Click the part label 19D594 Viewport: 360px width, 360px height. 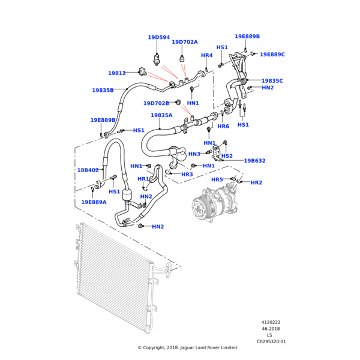click(159, 37)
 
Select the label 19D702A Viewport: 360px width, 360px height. click(185, 42)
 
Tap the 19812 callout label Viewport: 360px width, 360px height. click(117, 73)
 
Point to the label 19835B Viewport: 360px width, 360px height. click(103, 90)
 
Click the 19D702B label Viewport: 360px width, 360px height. click(156, 103)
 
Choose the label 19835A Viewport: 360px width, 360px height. click(161, 115)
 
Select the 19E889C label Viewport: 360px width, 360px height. click(272, 55)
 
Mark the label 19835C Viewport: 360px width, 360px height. click(272, 80)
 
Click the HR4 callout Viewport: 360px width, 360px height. click(207, 55)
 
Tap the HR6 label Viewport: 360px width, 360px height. click(223, 126)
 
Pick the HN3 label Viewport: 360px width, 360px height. click(194, 154)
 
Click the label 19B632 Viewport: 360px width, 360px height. click(254, 160)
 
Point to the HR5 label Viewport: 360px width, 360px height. click(217, 179)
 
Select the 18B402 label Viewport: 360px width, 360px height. click(88, 170)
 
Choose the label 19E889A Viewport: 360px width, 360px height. click(94, 202)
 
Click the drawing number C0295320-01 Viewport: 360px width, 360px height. click(271, 341)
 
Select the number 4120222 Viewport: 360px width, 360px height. click(271, 322)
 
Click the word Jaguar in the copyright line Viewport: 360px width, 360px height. click(186, 347)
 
